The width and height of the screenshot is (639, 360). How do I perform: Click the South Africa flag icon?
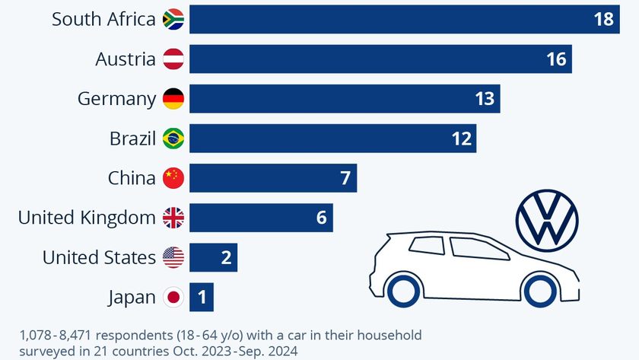(x=173, y=20)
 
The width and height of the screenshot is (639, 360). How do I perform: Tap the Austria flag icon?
(x=173, y=59)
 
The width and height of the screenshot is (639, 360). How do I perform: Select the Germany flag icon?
(x=173, y=99)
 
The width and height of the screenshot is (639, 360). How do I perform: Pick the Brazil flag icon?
(x=173, y=139)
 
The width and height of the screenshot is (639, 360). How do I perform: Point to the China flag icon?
(x=173, y=178)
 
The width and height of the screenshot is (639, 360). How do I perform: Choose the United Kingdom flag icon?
(x=173, y=218)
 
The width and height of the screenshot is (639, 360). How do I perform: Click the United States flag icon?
(x=173, y=258)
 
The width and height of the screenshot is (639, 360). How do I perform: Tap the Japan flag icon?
(x=173, y=298)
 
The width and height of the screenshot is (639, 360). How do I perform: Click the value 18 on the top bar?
(x=603, y=20)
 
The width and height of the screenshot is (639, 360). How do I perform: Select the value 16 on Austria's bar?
(x=556, y=59)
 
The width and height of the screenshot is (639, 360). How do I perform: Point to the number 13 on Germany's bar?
(x=484, y=99)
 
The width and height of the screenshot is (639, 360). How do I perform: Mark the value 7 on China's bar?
(x=344, y=179)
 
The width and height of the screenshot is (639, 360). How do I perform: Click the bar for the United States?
(x=213, y=258)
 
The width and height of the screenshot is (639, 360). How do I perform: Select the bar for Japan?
(x=202, y=298)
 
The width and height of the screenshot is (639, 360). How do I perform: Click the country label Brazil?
(x=132, y=139)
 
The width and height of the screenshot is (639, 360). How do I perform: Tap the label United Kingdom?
(x=87, y=218)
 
